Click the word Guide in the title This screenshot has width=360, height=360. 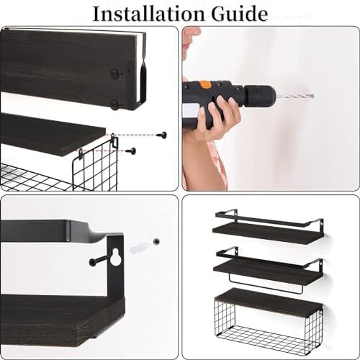[x=237, y=12]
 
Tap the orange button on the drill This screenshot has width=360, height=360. [x=206, y=84]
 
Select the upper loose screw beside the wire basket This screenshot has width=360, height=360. [x=163, y=135]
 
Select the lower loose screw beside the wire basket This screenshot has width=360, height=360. [x=132, y=151]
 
